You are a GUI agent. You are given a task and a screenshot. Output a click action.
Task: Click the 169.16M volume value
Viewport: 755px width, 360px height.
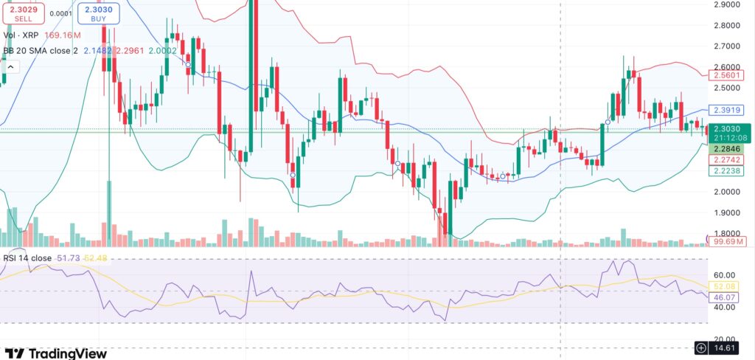(63, 34)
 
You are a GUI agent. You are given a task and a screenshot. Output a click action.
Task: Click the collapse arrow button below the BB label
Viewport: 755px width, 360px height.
(11, 67)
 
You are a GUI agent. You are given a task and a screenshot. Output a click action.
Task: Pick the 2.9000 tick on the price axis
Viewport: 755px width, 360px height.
(728, 4)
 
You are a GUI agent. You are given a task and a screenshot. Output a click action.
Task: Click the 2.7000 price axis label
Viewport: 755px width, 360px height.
(728, 46)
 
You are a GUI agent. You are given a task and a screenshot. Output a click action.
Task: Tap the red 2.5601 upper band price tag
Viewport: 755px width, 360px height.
(726, 75)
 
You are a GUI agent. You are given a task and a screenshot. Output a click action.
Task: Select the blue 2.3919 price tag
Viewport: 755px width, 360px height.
(726, 110)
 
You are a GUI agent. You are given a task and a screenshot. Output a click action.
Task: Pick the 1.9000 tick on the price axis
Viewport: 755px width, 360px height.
(728, 212)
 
